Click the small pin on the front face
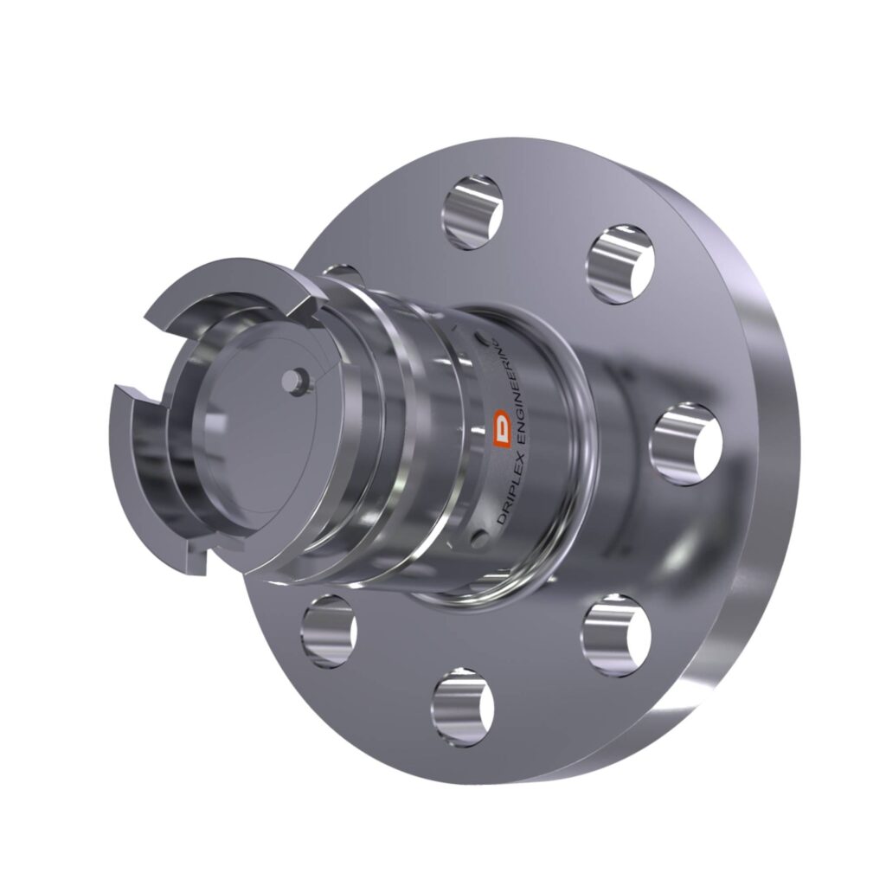(x=299, y=379)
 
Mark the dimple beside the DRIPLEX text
(x=478, y=540)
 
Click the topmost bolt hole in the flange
(x=473, y=211)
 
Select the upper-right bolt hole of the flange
(x=620, y=263)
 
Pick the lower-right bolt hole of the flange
(x=615, y=634)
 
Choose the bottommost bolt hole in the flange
(x=463, y=707)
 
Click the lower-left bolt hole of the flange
(x=329, y=629)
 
